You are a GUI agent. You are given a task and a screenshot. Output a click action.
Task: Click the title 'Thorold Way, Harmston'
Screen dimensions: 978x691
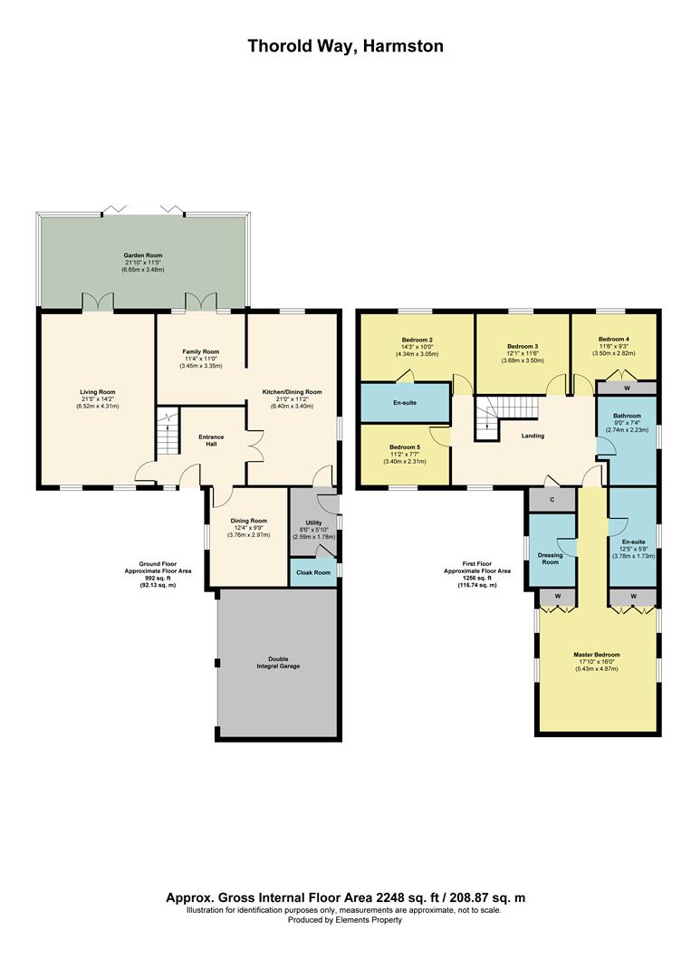pos(345,46)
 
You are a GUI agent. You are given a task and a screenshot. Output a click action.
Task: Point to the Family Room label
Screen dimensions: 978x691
pos(202,351)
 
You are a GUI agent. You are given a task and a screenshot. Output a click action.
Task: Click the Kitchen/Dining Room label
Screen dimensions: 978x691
pos(293,392)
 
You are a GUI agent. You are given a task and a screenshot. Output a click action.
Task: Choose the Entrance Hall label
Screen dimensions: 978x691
pos(211,441)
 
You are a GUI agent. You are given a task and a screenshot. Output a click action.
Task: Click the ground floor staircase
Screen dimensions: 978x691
pos(167,432)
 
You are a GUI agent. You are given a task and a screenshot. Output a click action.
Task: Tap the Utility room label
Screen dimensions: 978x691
pos(313,524)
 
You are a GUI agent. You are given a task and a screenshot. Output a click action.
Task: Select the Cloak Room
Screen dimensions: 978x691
pos(313,572)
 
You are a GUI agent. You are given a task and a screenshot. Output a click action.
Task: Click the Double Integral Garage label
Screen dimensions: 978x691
pos(276,662)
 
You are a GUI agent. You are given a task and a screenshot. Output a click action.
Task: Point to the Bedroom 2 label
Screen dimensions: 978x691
pos(417,340)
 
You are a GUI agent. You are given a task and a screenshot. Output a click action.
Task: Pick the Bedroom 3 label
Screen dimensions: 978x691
pos(523,347)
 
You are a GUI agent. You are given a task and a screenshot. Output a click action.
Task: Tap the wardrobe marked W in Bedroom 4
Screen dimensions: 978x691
pos(627,388)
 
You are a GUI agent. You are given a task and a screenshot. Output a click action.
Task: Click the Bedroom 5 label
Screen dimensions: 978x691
pos(405,447)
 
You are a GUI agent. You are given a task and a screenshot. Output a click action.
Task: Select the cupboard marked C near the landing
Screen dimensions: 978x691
pos(552,500)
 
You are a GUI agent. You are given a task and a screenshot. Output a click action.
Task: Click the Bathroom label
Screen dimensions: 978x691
pos(626,417)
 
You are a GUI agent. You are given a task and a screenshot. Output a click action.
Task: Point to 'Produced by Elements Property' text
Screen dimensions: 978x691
pos(345,920)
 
